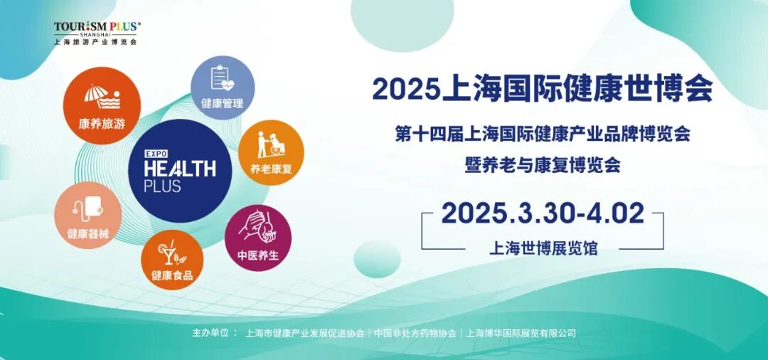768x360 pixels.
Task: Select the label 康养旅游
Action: coord(102,123)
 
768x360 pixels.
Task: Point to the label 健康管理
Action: coord(222,104)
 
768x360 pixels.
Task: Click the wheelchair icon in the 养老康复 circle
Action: coord(271,144)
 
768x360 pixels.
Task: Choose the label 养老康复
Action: coord(271,169)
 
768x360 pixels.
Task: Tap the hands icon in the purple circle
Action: coord(257,227)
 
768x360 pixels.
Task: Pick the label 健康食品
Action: coord(172,275)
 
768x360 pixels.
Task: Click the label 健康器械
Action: coord(88,233)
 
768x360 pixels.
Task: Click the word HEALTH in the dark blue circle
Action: coord(180,169)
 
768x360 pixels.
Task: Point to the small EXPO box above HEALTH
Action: coord(156,153)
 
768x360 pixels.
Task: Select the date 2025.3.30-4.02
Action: coord(543,213)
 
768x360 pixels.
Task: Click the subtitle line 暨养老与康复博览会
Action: coord(543,165)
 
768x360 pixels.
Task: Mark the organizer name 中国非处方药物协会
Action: coord(415,333)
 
